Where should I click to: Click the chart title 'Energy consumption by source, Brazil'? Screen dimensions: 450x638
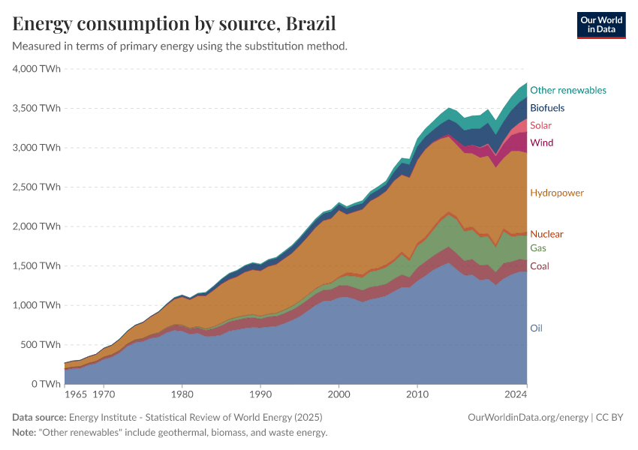tap(174, 23)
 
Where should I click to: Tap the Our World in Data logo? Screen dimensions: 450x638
tap(600, 25)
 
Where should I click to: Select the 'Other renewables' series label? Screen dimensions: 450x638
tap(567, 90)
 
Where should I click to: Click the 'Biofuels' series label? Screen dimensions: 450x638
tap(546, 108)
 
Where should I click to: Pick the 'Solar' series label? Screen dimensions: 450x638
tap(540, 125)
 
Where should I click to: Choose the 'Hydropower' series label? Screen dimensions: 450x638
tap(556, 193)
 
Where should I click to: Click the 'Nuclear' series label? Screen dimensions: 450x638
tap(546, 234)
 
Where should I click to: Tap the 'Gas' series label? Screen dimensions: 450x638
tap(537, 248)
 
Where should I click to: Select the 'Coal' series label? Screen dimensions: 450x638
tap(539, 266)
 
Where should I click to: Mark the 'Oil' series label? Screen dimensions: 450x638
tap(536, 328)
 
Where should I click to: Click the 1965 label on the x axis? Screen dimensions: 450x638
tap(75, 393)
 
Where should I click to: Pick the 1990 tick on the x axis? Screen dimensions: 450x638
tap(260, 393)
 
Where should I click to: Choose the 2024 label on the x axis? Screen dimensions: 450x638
tap(516, 393)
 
